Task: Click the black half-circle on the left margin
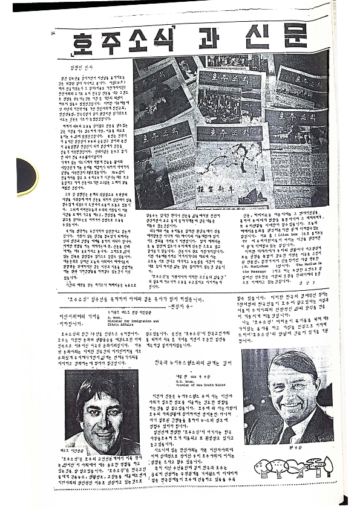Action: coord(25,176)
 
